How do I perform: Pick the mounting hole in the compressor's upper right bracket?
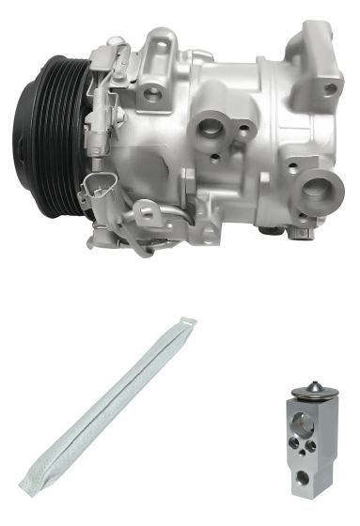330,89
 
